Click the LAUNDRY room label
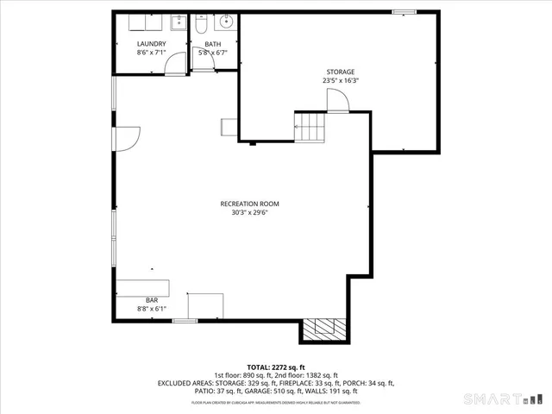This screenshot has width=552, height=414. tap(151, 44)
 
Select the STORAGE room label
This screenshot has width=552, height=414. tap(340, 72)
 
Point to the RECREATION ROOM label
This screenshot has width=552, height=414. tap(249, 204)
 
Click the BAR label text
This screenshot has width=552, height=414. tap(151, 299)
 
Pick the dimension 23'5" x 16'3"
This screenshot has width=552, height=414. tap(340, 80)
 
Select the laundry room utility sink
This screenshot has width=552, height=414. tap(177, 23)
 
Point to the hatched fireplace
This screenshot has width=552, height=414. tap(324, 329)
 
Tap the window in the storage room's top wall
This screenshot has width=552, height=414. tap(403, 11)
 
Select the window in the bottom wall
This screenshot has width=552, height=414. tap(185, 321)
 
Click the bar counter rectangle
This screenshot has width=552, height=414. tap(144, 287)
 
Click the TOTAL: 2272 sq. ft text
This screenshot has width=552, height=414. tap(276, 366)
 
